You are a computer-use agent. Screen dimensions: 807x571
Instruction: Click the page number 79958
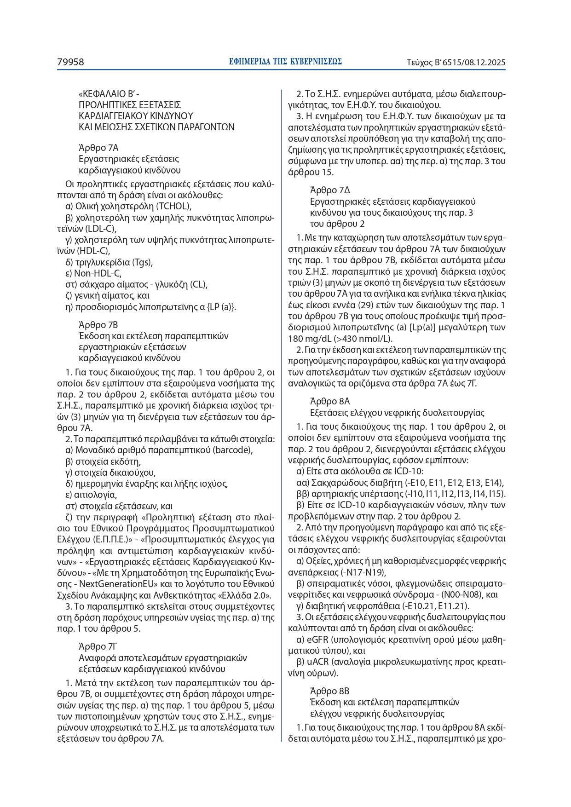(x=70, y=62)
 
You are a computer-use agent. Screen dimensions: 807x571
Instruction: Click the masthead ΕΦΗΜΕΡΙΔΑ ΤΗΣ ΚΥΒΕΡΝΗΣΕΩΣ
(x=285, y=62)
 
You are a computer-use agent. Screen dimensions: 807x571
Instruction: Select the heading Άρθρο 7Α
(x=98, y=148)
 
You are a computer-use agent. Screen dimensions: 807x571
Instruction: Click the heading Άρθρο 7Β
(x=98, y=325)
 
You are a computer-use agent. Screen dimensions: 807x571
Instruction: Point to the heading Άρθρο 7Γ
(x=98, y=646)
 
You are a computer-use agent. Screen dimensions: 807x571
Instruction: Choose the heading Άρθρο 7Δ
(x=330, y=190)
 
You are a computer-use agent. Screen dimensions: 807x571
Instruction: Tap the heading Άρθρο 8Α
(x=330, y=401)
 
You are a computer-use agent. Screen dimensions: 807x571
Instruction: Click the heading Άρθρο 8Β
(x=330, y=691)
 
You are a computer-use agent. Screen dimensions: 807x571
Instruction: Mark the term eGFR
(x=315, y=640)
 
